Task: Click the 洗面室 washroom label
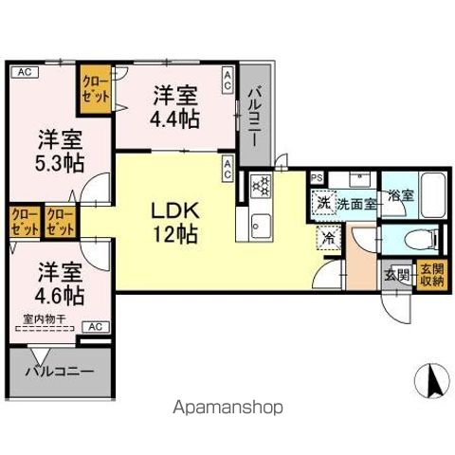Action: coord(356,203)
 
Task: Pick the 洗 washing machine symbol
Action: coord(324,202)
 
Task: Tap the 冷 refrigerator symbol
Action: coord(327,241)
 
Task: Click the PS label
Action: coord(317,177)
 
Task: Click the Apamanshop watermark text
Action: coord(227,409)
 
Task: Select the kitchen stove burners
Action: coord(260,187)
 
